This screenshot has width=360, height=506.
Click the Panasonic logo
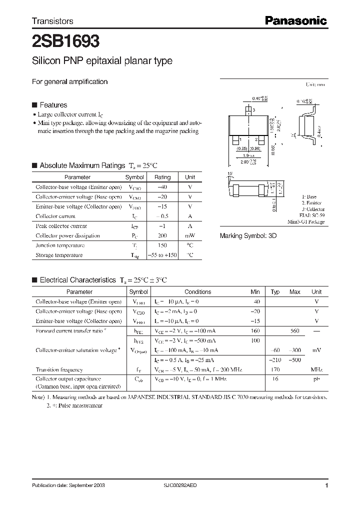pos(295,20)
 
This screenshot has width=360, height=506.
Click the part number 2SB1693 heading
pos(65,40)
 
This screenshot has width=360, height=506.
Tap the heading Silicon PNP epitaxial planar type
pos(102,61)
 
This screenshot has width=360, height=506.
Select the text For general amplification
pos(69,81)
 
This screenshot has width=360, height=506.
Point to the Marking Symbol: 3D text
pos(248,235)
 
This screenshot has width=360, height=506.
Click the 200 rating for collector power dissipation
pos(162,235)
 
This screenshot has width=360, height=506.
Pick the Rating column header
pos(162,177)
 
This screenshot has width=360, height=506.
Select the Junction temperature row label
pos(60,245)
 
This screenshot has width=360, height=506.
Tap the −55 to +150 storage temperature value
pos(162,255)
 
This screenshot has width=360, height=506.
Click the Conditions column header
pos(197,292)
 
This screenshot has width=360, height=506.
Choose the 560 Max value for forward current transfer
pos(295,331)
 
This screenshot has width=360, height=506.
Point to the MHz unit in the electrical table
pos(316,369)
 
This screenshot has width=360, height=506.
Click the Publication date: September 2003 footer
pos(68,485)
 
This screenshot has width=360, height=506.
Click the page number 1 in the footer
pos(326,485)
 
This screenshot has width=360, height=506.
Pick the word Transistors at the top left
pos(52,21)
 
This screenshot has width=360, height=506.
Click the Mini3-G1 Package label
pos(306,221)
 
